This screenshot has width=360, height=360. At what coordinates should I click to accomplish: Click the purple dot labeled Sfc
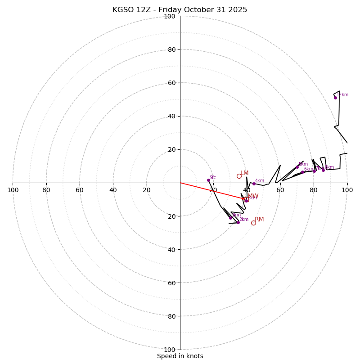(x=208, y=180)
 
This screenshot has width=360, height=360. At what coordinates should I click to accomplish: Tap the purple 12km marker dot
(x=335, y=98)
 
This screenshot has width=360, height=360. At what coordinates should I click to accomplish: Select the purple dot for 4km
(x=254, y=184)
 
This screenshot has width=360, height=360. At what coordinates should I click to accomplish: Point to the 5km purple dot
(x=297, y=167)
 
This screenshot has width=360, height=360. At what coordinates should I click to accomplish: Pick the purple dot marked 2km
(x=238, y=222)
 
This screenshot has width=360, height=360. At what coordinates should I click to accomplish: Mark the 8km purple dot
(x=323, y=170)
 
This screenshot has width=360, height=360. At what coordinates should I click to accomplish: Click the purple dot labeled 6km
(x=302, y=172)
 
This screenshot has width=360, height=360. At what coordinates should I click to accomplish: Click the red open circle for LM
(x=239, y=176)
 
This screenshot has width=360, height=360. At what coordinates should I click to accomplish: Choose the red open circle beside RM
(x=253, y=223)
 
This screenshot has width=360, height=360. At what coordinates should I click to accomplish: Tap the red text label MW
(x=253, y=196)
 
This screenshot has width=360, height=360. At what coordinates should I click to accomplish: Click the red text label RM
(x=259, y=220)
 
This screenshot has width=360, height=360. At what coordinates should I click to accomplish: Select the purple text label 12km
(x=343, y=95)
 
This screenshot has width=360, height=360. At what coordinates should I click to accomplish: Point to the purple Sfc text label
(x=213, y=177)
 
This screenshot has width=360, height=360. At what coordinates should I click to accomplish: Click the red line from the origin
(x=211, y=190)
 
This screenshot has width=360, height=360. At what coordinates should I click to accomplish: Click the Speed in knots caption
(x=180, y=356)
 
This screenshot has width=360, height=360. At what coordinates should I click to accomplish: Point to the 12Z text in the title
(x=145, y=10)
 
